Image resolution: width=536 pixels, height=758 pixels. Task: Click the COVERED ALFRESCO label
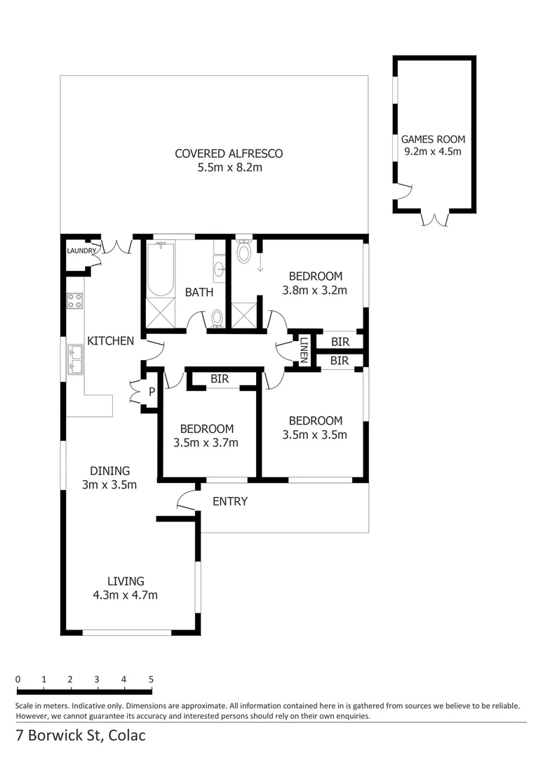(229, 154)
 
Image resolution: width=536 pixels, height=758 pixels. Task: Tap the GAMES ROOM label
(433, 139)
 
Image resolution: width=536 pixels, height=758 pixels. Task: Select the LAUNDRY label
(81, 251)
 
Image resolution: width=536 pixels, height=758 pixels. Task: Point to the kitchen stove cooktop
(74, 301)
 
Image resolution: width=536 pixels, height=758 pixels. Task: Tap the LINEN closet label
(304, 350)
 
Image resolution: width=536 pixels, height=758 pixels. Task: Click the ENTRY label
(230, 501)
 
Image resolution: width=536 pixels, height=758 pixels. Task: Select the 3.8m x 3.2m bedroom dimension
(315, 289)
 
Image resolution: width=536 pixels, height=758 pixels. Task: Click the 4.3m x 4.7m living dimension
(125, 595)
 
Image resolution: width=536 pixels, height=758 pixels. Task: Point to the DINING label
(109, 471)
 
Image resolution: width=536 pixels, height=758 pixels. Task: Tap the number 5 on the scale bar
(151, 679)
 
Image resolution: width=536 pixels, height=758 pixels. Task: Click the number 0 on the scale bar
(18, 679)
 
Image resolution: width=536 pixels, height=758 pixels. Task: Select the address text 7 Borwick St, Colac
(81, 736)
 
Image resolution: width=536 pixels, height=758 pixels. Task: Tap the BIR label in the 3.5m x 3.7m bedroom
(220, 379)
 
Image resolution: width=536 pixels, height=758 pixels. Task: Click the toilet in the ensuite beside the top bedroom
(244, 251)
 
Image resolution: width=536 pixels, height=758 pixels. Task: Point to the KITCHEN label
(110, 341)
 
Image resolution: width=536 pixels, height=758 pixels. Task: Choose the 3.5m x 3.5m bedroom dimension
(315, 434)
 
